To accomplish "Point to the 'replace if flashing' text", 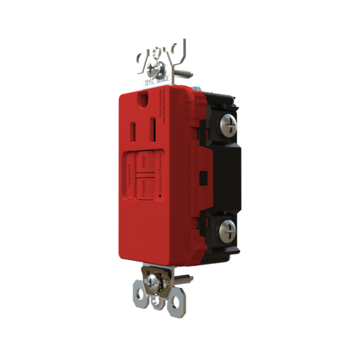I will [166, 177].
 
